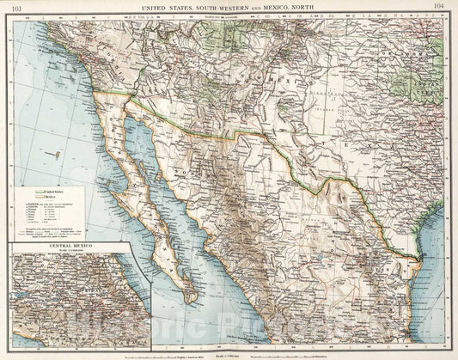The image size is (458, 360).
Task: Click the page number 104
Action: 440,6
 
